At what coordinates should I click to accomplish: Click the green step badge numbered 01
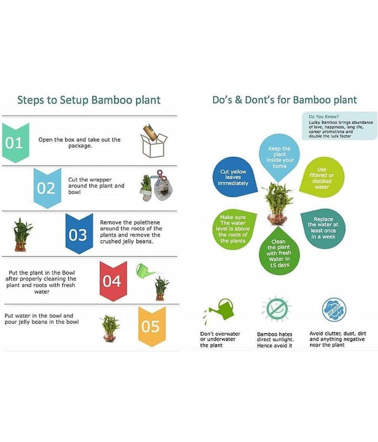(15, 143)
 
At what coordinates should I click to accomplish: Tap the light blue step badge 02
(47, 188)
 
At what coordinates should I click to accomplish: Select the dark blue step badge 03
(79, 233)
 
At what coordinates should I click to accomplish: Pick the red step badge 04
(113, 281)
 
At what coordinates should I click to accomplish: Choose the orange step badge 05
(152, 327)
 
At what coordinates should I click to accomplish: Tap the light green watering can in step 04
(144, 271)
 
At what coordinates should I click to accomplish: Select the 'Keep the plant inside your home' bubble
(279, 157)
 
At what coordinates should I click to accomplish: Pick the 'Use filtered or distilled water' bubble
(322, 178)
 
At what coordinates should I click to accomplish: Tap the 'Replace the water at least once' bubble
(323, 228)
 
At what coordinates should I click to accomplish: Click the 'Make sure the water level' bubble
(233, 229)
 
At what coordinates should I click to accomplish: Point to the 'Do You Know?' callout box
(339, 126)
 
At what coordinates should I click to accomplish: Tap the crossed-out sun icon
(277, 309)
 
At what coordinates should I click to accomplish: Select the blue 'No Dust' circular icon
(334, 309)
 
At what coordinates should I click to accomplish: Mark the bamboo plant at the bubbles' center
(277, 203)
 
